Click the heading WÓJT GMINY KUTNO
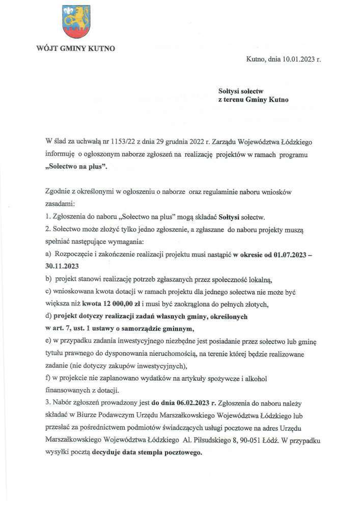tap(75, 49)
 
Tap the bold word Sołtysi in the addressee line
tap(230, 90)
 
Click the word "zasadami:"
tap(60, 204)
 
